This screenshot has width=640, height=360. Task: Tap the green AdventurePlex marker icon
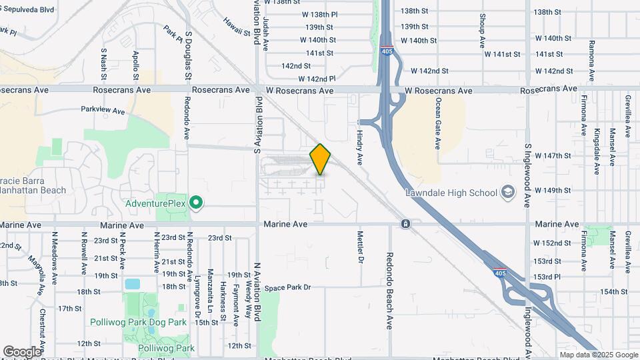pyautogui.click(x=196, y=202)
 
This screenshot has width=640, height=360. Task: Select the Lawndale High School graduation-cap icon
pyautogui.click(x=509, y=193)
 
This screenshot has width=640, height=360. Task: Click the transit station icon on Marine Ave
pyautogui.click(x=405, y=224)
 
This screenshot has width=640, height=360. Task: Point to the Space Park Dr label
pyautogui.click(x=288, y=287)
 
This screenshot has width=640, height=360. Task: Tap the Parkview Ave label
pyautogui.click(x=103, y=109)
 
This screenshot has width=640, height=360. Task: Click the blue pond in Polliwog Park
pyautogui.click(x=133, y=284)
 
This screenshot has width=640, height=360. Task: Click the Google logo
pyautogui.click(x=22, y=352)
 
